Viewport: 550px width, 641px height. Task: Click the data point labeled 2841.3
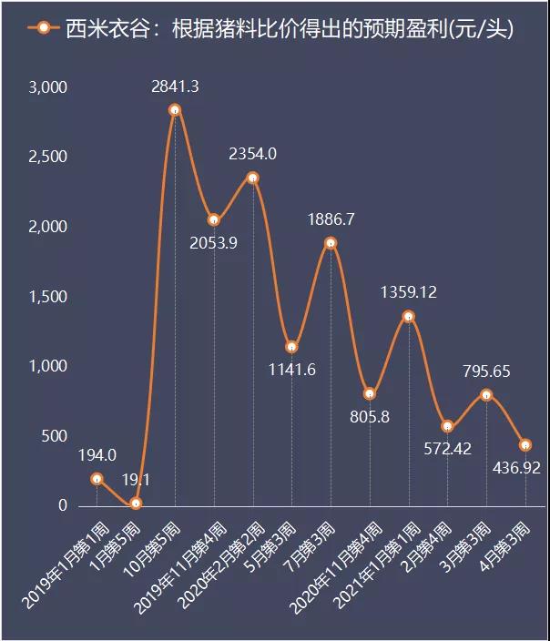(175, 110)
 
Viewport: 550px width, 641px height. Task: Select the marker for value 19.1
(136, 504)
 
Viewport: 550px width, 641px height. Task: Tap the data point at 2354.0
(253, 178)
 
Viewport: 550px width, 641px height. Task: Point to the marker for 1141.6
(291, 347)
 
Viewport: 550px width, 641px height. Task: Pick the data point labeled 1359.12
(409, 316)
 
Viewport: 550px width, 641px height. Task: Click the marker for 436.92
(525, 445)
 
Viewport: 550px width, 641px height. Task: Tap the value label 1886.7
(331, 219)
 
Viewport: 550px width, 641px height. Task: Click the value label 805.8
(370, 417)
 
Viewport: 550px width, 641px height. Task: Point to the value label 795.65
(486, 371)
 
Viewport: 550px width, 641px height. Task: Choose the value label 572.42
(447, 448)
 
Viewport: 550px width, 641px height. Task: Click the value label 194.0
(97, 455)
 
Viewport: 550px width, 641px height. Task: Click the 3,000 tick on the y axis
(49, 87)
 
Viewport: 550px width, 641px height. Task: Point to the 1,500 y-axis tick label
(49, 297)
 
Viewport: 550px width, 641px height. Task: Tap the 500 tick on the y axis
(55, 436)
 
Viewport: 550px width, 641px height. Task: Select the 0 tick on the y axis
(63, 506)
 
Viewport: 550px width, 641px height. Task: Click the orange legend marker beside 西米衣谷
(43, 28)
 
